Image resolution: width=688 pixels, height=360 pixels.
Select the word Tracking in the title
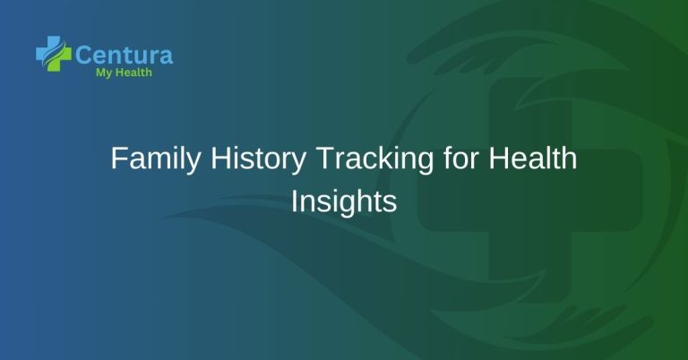pos(356,162)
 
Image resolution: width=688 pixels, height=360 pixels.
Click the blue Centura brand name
pos(124,56)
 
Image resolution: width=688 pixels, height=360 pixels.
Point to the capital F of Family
pos(117,160)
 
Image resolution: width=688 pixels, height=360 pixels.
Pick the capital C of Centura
pos(84,56)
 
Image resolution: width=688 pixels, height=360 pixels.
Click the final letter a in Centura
pos(165,56)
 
